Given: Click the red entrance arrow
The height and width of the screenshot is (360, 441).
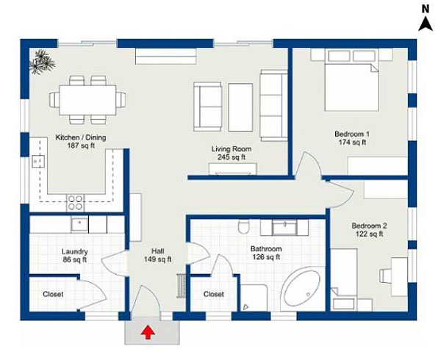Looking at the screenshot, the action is tap(148, 333).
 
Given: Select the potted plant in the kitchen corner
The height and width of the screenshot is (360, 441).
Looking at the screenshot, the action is tap(42, 62).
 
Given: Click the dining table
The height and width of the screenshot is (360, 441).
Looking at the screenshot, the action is tap(87, 100).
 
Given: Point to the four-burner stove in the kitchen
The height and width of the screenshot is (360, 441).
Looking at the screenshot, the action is tap(76, 203).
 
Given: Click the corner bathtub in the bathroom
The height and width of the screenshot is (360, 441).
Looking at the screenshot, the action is tap(302, 289).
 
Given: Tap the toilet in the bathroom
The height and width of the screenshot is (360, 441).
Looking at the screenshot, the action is tap(243, 226).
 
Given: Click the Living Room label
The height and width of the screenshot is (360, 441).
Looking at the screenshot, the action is tap(232, 149).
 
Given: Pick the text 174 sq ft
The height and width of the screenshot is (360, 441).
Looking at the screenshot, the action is tap(352, 143).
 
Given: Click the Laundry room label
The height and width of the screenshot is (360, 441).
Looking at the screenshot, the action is tap(75, 251).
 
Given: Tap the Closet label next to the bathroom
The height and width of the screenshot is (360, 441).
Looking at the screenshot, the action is tap(214, 294).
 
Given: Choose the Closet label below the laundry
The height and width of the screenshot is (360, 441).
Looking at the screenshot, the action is tap(53, 294).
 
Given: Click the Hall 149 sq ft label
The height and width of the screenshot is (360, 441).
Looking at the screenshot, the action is tap(158, 255).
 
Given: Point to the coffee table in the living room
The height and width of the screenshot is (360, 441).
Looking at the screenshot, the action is tap(240, 107).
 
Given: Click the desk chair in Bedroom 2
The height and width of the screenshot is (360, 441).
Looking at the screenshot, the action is tap(386, 276).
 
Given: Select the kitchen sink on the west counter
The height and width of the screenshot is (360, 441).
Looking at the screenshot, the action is tap(38, 162).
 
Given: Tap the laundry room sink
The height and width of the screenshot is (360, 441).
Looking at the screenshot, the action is tap(79, 224).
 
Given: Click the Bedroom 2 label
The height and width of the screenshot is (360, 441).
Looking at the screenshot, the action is tap(369, 226).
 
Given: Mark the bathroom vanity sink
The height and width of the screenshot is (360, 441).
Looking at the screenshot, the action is tap(284, 227).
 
